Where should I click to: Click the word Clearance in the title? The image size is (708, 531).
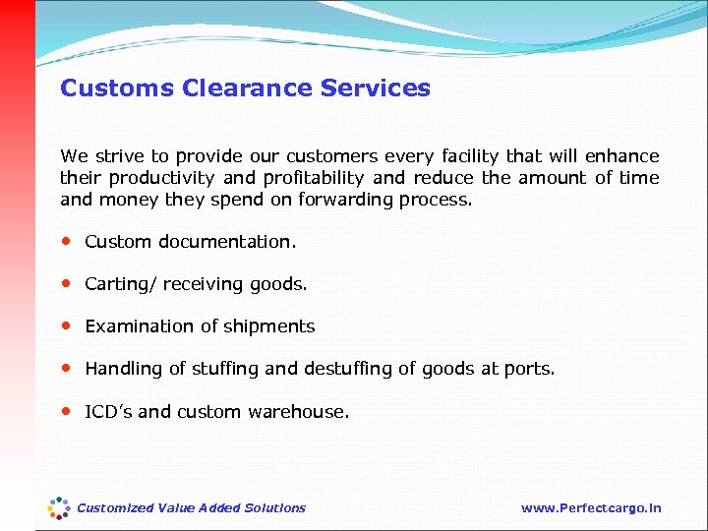[x=247, y=88]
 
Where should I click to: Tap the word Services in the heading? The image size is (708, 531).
[x=376, y=88]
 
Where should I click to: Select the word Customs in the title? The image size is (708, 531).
[x=117, y=88]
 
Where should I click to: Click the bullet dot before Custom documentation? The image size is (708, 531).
[x=66, y=241]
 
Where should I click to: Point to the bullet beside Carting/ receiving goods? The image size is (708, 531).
[x=66, y=283]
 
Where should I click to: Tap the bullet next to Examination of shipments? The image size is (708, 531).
[x=66, y=325]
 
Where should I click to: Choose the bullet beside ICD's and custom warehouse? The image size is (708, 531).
[x=66, y=411]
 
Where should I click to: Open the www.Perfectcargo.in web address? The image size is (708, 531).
[x=591, y=508]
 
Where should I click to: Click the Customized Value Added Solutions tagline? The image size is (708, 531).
[x=192, y=508]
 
